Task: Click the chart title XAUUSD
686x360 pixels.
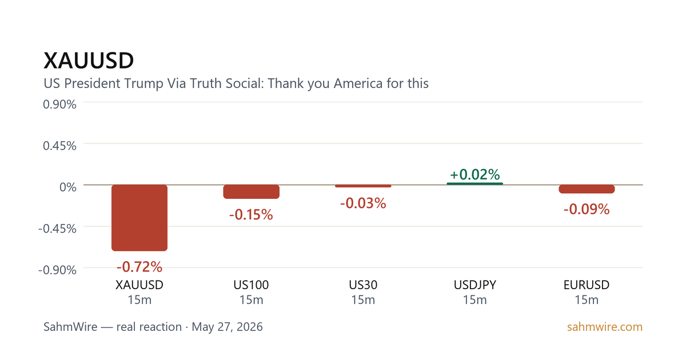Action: pyautogui.click(x=89, y=61)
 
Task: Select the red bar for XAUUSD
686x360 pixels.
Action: pyautogui.click(x=139, y=218)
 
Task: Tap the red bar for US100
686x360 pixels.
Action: pyautogui.click(x=251, y=191)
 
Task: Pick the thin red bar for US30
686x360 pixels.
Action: pyautogui.click(x=363, y=186)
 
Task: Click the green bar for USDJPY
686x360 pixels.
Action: pyautogui.click(x=474, y=183)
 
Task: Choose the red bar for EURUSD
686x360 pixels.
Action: pyautogui.click(x=587, y=189)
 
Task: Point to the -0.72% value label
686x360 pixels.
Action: pyautogui.click(x=139, y=267)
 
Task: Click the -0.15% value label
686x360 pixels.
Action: pyautogui.click(x=251, y=215)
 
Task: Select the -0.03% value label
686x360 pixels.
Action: pyautogui.click(x=363, y=203)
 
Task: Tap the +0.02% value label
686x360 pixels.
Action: pyautogui.click(x=474, y=174)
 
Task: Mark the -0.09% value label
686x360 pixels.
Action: pyautogui.click(x=587, y=209)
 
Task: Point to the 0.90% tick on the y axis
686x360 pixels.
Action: pyautogui.click(x=59, y=105)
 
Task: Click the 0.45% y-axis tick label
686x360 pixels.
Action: pyautogui.click(x=59, y=146)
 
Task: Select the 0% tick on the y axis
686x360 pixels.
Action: pyautogui.click(x=68, y=187)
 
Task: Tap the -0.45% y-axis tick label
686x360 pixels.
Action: pyautogui.click(x=57, y=229)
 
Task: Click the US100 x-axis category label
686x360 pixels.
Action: pyautogui.click(x=251, y=285)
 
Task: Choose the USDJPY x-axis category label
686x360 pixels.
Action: pyautogui.click(x=474, y=285)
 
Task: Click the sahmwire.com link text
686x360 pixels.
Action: pyautogui.click(x=605, y=327)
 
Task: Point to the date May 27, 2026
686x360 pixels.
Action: pyautogui.click(x=228, y=327)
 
